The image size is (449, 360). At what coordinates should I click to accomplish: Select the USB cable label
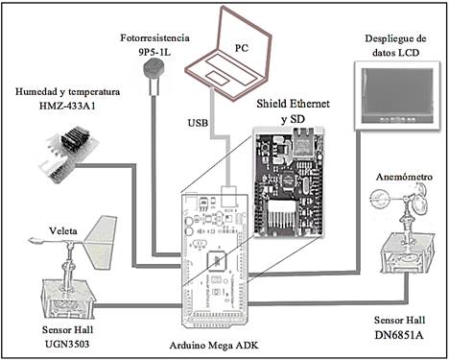coord(198,123)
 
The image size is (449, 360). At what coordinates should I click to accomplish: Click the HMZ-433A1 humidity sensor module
coord(70,153)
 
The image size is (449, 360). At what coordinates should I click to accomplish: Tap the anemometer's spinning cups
coord(400,199)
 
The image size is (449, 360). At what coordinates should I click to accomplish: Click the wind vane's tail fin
coord(101,242)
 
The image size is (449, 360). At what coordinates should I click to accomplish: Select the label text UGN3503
coord(67,344)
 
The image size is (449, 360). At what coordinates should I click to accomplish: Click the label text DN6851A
coord(399,335)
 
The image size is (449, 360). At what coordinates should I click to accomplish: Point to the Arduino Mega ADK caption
coord(214,346)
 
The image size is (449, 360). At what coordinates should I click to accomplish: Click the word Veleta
coord(63,230)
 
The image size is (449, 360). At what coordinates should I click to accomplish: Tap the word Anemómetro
coord(404,177)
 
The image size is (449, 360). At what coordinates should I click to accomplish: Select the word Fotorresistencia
coord(154,37)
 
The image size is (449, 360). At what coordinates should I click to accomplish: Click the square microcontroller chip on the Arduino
coord(217,261)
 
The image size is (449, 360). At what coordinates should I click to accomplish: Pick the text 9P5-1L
coord(154,52)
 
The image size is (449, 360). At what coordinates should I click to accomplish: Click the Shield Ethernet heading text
coord(293,104)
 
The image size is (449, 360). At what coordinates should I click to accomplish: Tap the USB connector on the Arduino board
coord(229,196)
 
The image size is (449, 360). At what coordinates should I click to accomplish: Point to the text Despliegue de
coord(395,39)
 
